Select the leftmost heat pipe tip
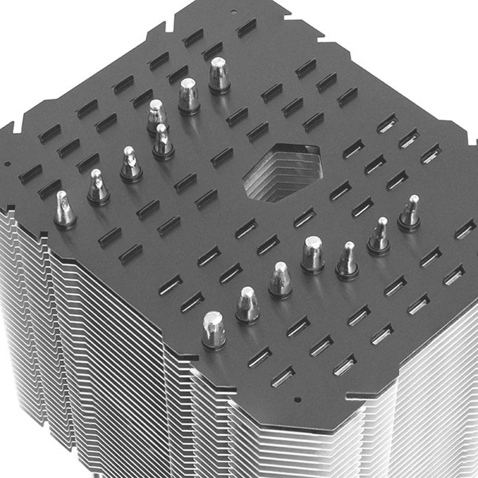[x=65, y=210]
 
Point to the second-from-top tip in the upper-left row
[x=189, y=96]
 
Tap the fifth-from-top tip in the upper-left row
[x=130, y=164]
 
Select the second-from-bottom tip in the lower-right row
[x=247, y=305]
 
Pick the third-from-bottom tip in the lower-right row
[x=280, y=280]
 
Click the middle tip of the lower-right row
[x=312, y=254]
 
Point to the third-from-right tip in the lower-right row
[x=347, y=261]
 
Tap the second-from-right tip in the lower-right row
[x=379, y=235]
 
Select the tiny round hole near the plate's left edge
[x=7, y=163]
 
